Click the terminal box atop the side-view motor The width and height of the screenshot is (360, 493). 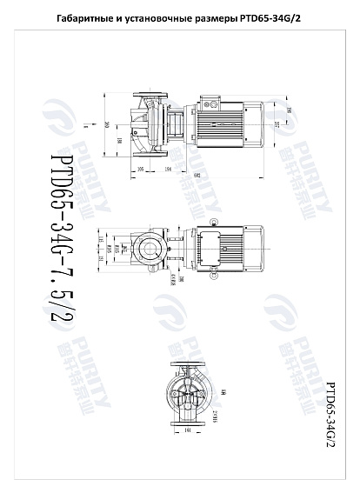tap(212, 103)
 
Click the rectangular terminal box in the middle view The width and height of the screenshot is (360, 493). tap(215, 250)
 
